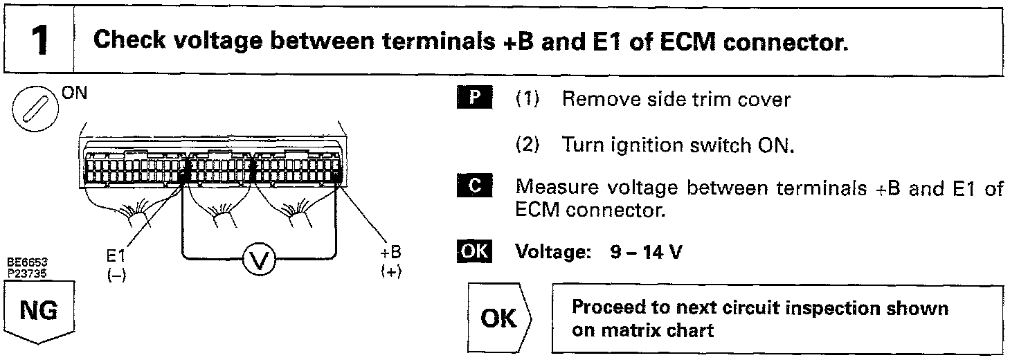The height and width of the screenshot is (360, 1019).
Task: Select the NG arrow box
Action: (39, 315)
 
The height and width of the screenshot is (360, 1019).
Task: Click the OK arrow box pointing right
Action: (499, 318)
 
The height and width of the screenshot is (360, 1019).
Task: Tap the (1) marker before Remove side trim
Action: (528, 100)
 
